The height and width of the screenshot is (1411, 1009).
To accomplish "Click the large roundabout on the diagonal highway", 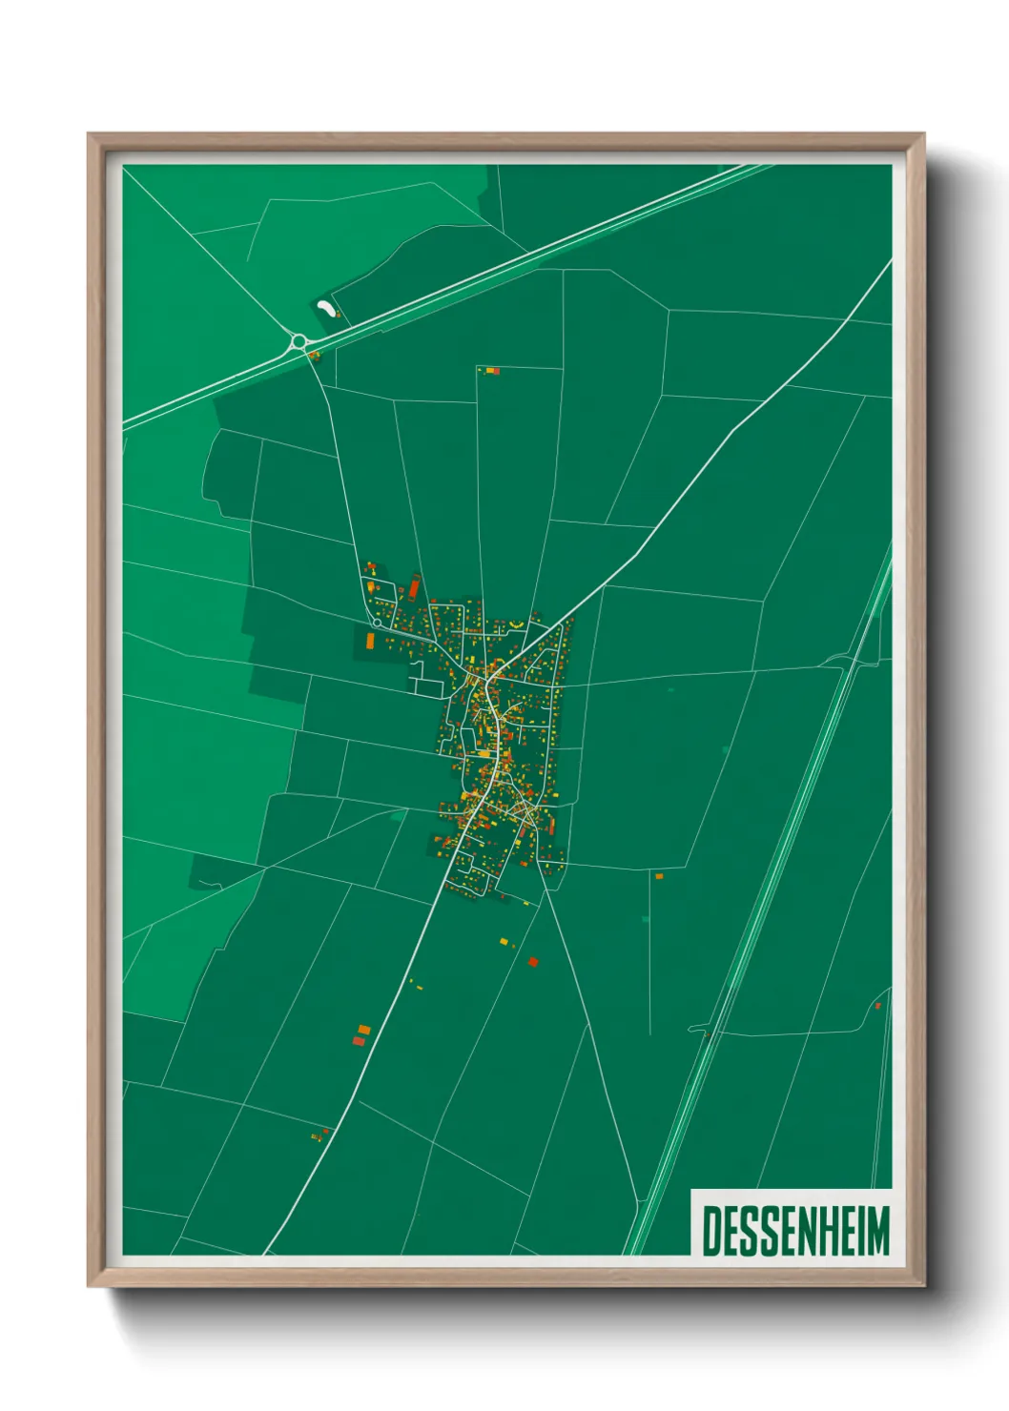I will click(299, 341).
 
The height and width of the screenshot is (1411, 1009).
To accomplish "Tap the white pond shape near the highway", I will click(325, 308).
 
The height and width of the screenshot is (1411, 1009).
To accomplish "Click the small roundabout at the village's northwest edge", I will click(378, 623).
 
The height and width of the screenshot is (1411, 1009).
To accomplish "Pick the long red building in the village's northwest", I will click(415, 586).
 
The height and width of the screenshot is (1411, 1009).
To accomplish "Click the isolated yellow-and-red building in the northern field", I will click(490, 370).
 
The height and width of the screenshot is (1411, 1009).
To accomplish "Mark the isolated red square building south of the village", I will click(533, 962).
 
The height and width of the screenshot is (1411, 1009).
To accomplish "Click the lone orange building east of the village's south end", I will click(658, 875).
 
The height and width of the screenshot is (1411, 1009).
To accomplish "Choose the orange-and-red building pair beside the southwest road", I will click(360, 1035).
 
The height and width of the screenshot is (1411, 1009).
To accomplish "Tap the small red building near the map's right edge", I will click(877, 1005).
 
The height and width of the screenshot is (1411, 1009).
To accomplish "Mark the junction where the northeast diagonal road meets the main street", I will click(490, 679).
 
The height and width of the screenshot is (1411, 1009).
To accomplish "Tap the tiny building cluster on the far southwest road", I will click(319, 1135).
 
